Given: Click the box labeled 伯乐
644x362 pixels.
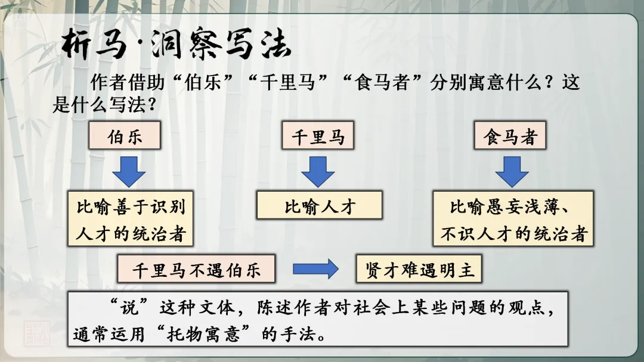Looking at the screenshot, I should [125, 136].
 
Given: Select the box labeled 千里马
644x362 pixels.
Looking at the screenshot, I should [318, 136].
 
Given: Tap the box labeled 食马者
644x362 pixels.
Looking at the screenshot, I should [510, 136].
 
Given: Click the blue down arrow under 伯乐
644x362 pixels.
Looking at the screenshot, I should [129, 171].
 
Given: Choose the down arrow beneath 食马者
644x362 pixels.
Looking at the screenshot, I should [512, 171].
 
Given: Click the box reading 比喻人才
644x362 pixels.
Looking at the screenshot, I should [319, 206].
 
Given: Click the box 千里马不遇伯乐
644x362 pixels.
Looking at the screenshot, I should [197, 270].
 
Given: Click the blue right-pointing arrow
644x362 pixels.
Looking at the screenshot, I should [315, 270].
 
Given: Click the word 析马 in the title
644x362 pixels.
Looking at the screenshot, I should [94, 45].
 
